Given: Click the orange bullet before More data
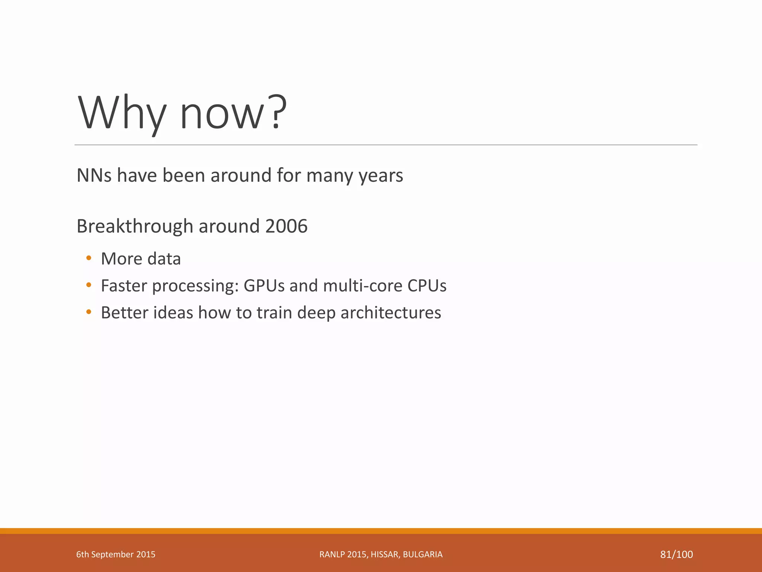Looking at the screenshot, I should tap(89, 258).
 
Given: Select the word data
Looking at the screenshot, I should tap(164, 259).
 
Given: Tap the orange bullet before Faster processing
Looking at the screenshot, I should tap(89, 285).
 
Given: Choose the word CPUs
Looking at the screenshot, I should tap(427, 286).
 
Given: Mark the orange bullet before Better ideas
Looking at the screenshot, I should tap(89, 312).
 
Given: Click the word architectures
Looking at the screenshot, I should tap(391, 312).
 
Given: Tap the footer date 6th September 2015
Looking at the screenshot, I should tap(116, 554).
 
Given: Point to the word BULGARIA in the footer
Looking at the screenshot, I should tap(423, 554).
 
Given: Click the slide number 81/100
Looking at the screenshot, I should tap(676, 554).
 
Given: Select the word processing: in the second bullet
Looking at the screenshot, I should tap(195, 286).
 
